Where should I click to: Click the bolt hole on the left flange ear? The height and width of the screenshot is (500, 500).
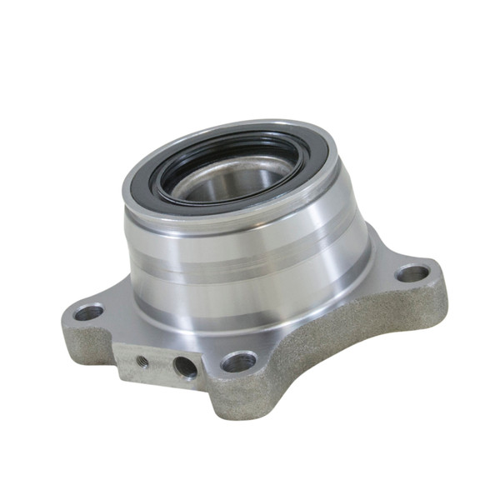[x=87, y=312]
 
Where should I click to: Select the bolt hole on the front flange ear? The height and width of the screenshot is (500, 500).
[x=238, y=362]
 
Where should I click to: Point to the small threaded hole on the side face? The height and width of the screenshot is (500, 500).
[x=142, y=361]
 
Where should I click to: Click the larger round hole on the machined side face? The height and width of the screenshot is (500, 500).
[x=184, y=367]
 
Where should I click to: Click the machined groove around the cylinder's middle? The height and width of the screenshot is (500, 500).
[x=250, y=265]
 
